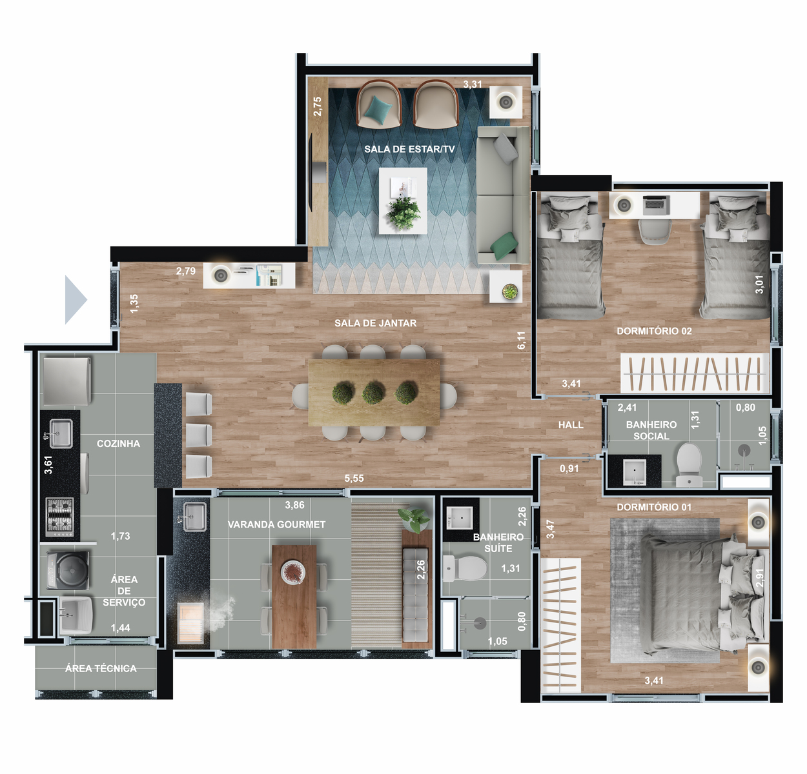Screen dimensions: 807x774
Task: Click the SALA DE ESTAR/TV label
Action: click(409, 149)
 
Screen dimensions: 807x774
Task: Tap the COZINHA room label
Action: click(118, 443)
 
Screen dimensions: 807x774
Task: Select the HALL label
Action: click(571, 424)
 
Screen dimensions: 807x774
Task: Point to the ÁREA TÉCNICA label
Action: click(101, 668)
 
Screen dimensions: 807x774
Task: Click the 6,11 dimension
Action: click(521, 340)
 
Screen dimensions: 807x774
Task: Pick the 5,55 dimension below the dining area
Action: click(354, 478)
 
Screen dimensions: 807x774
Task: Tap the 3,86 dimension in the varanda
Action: click(294, 505)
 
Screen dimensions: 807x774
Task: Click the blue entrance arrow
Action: click(76, 299)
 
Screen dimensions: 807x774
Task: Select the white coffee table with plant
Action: click(403, 201)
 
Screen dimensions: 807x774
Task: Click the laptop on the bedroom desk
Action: click(656, 205)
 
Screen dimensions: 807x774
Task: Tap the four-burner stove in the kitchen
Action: click(59, 517)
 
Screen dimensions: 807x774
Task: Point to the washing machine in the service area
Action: click(68, 570)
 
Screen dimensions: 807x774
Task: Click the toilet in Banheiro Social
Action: click(689, 464)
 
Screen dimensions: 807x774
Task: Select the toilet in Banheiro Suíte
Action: click(465, 568)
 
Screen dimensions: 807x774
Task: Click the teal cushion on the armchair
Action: click(378, 110)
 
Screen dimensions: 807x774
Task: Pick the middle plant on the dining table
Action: click(373, 392)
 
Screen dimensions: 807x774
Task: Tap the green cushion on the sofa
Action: click(504, 246)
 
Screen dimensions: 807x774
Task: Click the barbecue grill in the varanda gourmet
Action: click(190, 623)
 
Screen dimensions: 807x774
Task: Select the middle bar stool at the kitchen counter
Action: click(199, 435)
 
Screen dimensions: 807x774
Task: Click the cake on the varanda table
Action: click(293, 572)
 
